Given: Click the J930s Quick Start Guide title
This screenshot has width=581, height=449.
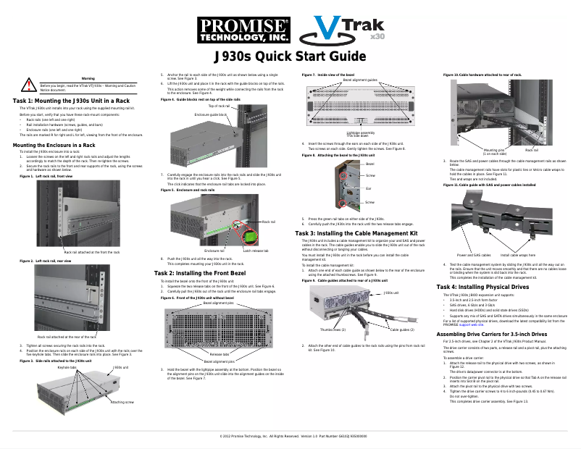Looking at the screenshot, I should [289, 58].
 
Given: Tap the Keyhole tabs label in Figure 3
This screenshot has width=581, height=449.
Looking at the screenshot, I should [67, 367].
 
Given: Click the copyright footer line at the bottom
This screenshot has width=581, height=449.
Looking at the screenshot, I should [289, 437].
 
